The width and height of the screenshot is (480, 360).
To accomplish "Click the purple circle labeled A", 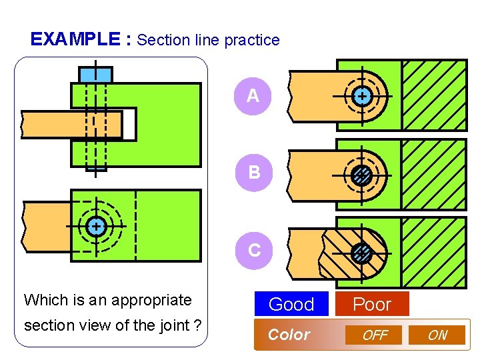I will [x=253, y=96].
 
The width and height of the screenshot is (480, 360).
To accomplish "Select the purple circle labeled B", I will [x=254, y=173].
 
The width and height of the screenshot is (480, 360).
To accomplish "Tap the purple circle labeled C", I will [x=254, y=250].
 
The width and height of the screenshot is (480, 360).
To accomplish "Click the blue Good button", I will [x=291, y=304].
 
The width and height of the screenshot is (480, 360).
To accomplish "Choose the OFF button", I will [x=375, y=335].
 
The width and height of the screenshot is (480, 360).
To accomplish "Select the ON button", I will [x=437, y=335].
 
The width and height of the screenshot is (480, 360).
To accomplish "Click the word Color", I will [x=289, y=335].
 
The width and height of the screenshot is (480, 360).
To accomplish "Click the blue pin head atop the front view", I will [x=96, y=74].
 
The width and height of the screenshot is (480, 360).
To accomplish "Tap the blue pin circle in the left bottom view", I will [x=97, y=227].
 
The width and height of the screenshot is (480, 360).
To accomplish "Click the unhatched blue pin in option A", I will [x=361, y=97].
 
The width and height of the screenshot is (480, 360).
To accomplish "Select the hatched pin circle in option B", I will [x=361, y=175].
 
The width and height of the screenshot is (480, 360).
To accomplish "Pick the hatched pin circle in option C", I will [x=361, y=253].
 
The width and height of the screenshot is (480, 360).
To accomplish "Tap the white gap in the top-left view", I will [x=129, y=125].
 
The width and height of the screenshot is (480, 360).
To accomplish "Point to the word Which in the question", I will [x=42, y=300].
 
